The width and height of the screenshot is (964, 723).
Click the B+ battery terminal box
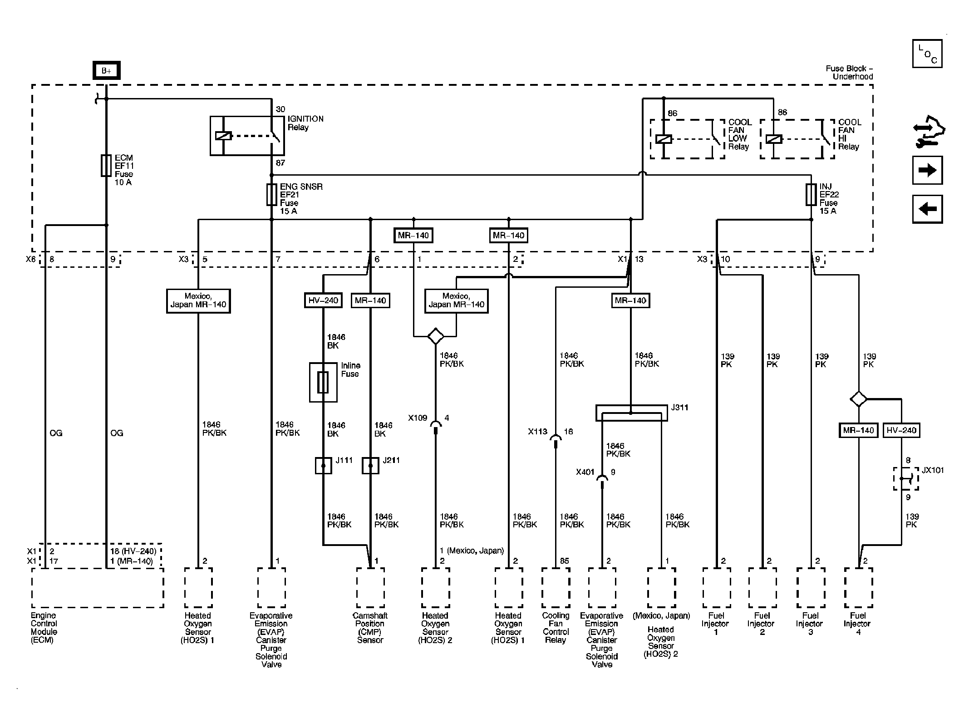(106, 70)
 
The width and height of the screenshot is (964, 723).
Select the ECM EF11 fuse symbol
(106, 166)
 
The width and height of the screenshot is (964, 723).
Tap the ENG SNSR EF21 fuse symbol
(271, 195)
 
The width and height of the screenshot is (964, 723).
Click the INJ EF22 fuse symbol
(811, 195)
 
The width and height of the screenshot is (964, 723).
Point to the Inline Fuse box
(323, 382)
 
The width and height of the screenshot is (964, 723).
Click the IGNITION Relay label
(305, 123)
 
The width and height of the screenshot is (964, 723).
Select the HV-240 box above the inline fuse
(323, 300)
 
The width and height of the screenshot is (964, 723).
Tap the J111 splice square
(323, 466)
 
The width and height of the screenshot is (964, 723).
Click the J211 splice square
(370, 466)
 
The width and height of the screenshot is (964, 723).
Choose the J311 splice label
(679, 408)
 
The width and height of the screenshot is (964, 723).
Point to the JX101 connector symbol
(906, 478)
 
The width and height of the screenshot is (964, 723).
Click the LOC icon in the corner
(927, 54)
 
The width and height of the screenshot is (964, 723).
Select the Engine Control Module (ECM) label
(44, 628)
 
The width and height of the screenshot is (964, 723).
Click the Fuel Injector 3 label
(810, 624)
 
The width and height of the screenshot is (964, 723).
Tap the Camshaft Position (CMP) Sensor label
(370, 628)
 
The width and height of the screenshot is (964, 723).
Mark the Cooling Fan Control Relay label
(556, 628)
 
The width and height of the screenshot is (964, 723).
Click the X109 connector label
(418, 418)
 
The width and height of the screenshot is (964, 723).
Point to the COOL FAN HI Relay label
(849, 134)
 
